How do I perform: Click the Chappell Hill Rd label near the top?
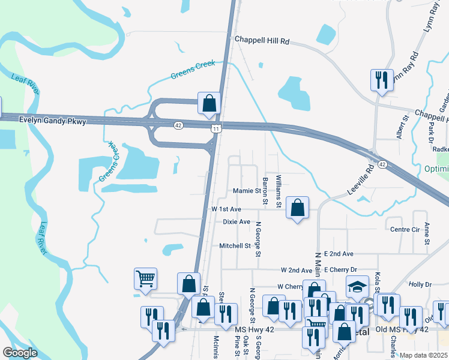(x=262, y=41)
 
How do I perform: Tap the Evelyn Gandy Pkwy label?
(x=53, y=121)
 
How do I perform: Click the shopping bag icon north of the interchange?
(x=209, y=103)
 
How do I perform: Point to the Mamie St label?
(x=247, y=191)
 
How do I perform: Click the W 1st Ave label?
(x=226, y=209)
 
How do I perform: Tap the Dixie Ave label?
(x=237, y=221)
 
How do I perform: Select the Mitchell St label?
(x=234, y=245)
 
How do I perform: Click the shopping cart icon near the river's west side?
(x=145, y=279)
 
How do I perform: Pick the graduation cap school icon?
(x=357, y=287)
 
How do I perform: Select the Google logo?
(x=20, y=353)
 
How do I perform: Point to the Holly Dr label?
(x=420, y=284)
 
